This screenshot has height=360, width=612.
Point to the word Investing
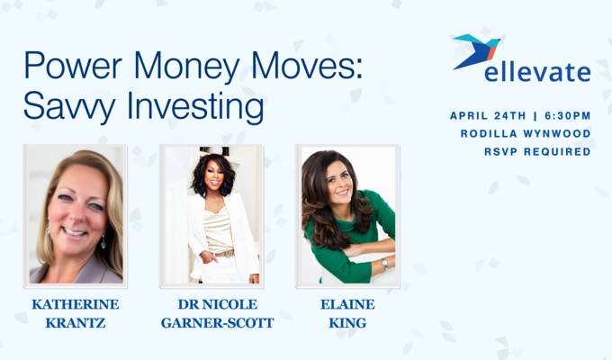coord(193,108)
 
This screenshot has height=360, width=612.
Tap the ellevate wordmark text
coord(537,72)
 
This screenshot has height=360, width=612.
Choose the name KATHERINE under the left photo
coord(76,304)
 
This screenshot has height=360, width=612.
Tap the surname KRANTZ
coord(76,323)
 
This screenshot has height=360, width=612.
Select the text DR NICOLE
coord(211,304)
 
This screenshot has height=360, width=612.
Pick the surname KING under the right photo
coord(347,323)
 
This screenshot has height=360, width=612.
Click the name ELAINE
coord(347,304)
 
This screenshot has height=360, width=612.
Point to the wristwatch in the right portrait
coord(384,265)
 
